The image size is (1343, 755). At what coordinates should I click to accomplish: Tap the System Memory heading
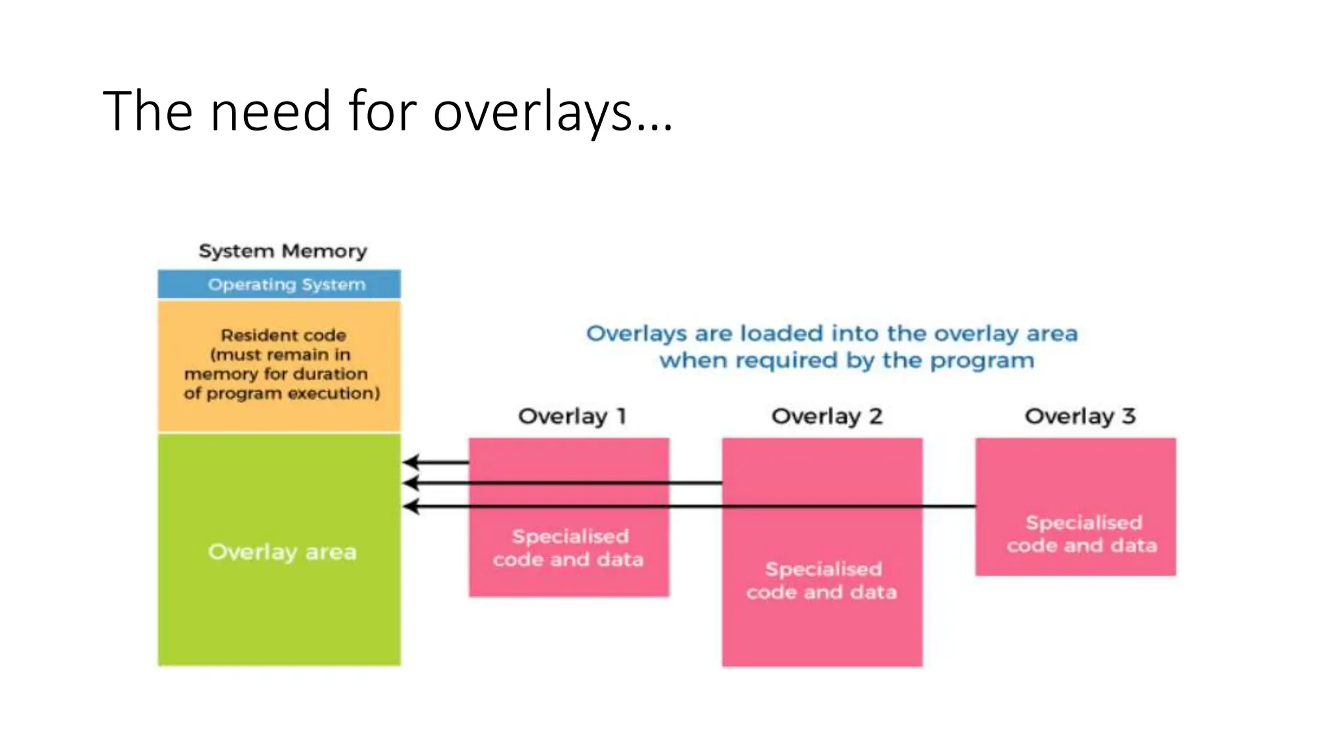283,251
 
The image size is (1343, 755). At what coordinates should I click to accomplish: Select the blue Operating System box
279,284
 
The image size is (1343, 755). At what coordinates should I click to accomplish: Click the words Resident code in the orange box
283,335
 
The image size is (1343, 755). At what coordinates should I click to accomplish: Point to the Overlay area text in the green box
282,552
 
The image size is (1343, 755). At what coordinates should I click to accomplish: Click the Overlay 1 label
572,416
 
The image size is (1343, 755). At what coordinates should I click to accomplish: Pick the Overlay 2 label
826,416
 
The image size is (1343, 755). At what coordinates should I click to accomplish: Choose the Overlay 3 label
1079,416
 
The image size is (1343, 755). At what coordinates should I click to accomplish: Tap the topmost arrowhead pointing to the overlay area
411,462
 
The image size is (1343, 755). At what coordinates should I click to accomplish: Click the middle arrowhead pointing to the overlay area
411,483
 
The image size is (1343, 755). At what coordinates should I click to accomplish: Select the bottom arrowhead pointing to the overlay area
411,506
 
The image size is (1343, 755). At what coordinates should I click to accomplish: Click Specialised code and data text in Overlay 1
569,548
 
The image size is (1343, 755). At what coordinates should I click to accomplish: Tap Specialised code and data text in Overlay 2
822,581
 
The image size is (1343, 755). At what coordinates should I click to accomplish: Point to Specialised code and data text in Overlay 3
1082,533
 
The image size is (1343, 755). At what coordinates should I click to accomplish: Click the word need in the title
270,112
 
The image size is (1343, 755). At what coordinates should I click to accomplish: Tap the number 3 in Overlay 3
1129,416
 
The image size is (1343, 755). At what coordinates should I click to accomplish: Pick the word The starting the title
148,112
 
